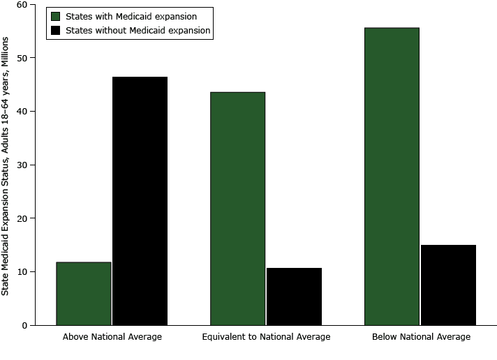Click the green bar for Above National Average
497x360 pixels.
point(84,294)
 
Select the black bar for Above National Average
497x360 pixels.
point(140,201)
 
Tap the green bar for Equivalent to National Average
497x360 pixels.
point(238,209)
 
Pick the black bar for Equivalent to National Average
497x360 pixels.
point(294,297)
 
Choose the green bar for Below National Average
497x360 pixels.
point(392,177)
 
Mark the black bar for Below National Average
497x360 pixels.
point(448,285)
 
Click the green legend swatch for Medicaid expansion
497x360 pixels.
point(56,16)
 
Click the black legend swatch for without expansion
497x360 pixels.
point(56,31)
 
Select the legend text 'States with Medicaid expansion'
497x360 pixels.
point(131,16)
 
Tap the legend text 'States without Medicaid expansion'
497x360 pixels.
point(138,31)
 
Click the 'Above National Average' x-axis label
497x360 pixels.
point(112,337)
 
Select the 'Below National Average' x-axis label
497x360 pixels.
point(421,337)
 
